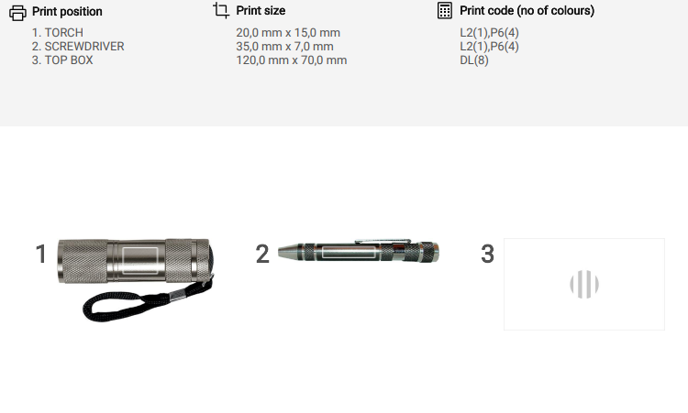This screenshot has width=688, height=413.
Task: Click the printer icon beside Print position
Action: coord(17,13)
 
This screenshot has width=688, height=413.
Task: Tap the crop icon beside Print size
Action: coord(221,10)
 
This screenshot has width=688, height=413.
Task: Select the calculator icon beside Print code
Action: coord(445,10)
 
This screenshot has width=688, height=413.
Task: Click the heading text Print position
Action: coord(67,11)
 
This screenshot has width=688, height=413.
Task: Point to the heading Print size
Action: coord(261,10)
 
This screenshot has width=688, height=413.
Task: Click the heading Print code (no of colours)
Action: coord(527,10)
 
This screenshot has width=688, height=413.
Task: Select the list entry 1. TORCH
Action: coord(58,33)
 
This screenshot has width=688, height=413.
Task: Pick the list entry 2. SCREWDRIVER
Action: coord(78,47)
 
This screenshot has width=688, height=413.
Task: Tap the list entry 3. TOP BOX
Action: coord(62,60)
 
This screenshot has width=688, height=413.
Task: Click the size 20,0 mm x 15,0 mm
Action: coord(288,33)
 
